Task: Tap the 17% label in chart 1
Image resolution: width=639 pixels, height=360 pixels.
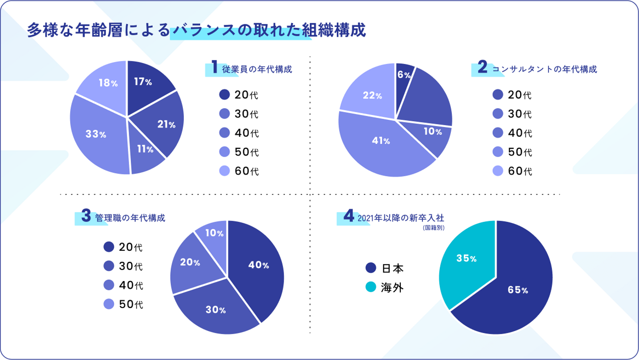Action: click(143, 82)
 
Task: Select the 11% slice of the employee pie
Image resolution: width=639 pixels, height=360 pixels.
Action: click(145, 149)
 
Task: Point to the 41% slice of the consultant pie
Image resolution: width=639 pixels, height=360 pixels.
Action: click(380, 141)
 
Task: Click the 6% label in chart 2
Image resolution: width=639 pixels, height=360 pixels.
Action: click(403, 75)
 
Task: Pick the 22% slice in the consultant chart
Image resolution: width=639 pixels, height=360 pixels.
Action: click(372, 95)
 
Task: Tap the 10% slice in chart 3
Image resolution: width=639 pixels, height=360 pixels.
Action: click(215, 233)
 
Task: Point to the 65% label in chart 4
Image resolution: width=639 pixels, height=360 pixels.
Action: click(518, 290)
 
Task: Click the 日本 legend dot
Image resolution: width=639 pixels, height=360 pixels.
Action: click(371, 268)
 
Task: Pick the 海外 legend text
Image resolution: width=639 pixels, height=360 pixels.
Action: click(392, 287)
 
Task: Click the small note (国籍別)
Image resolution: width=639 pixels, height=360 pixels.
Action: click(434, 227)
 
